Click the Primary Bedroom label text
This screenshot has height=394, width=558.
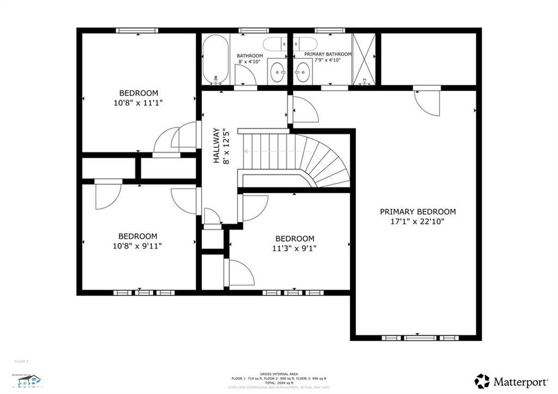417,211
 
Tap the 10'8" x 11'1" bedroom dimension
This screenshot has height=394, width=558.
138,102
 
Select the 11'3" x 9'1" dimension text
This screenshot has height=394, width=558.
294,248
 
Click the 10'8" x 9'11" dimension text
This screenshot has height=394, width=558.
137,246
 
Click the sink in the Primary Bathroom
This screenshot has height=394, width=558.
303,71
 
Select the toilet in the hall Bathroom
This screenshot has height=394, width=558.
275,44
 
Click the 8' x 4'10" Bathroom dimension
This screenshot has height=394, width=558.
250,62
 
